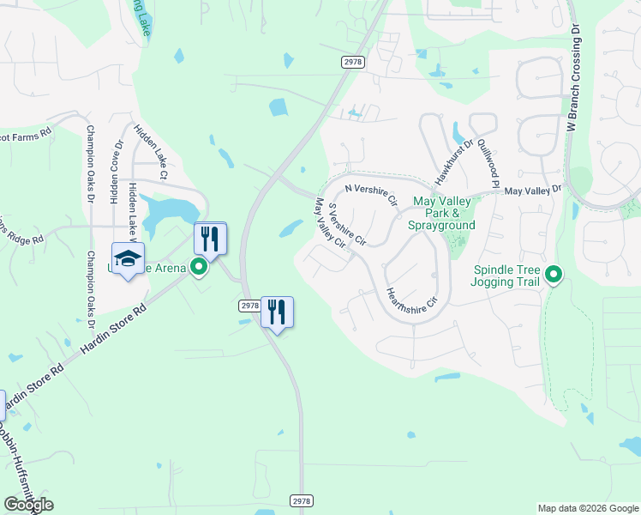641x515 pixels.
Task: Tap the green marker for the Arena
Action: (x=199, y=268)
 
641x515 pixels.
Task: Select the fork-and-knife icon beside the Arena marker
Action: (x=210, y=239)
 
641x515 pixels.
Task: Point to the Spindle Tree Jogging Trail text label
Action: (x=508, y=276)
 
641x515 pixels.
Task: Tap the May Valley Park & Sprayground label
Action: (x=444, y=213)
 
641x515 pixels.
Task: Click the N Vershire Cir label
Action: (x=371, y=193)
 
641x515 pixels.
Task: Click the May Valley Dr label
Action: (x=532, y=191)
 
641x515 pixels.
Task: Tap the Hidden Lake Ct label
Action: (x=150, y=150)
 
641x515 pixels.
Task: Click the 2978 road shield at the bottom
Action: (x=300, y=500)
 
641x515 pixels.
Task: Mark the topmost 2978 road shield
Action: (x=352, y=61)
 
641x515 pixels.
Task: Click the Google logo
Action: (x=28, y=505)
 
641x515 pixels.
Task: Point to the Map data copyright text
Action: (x=587, y=508)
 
